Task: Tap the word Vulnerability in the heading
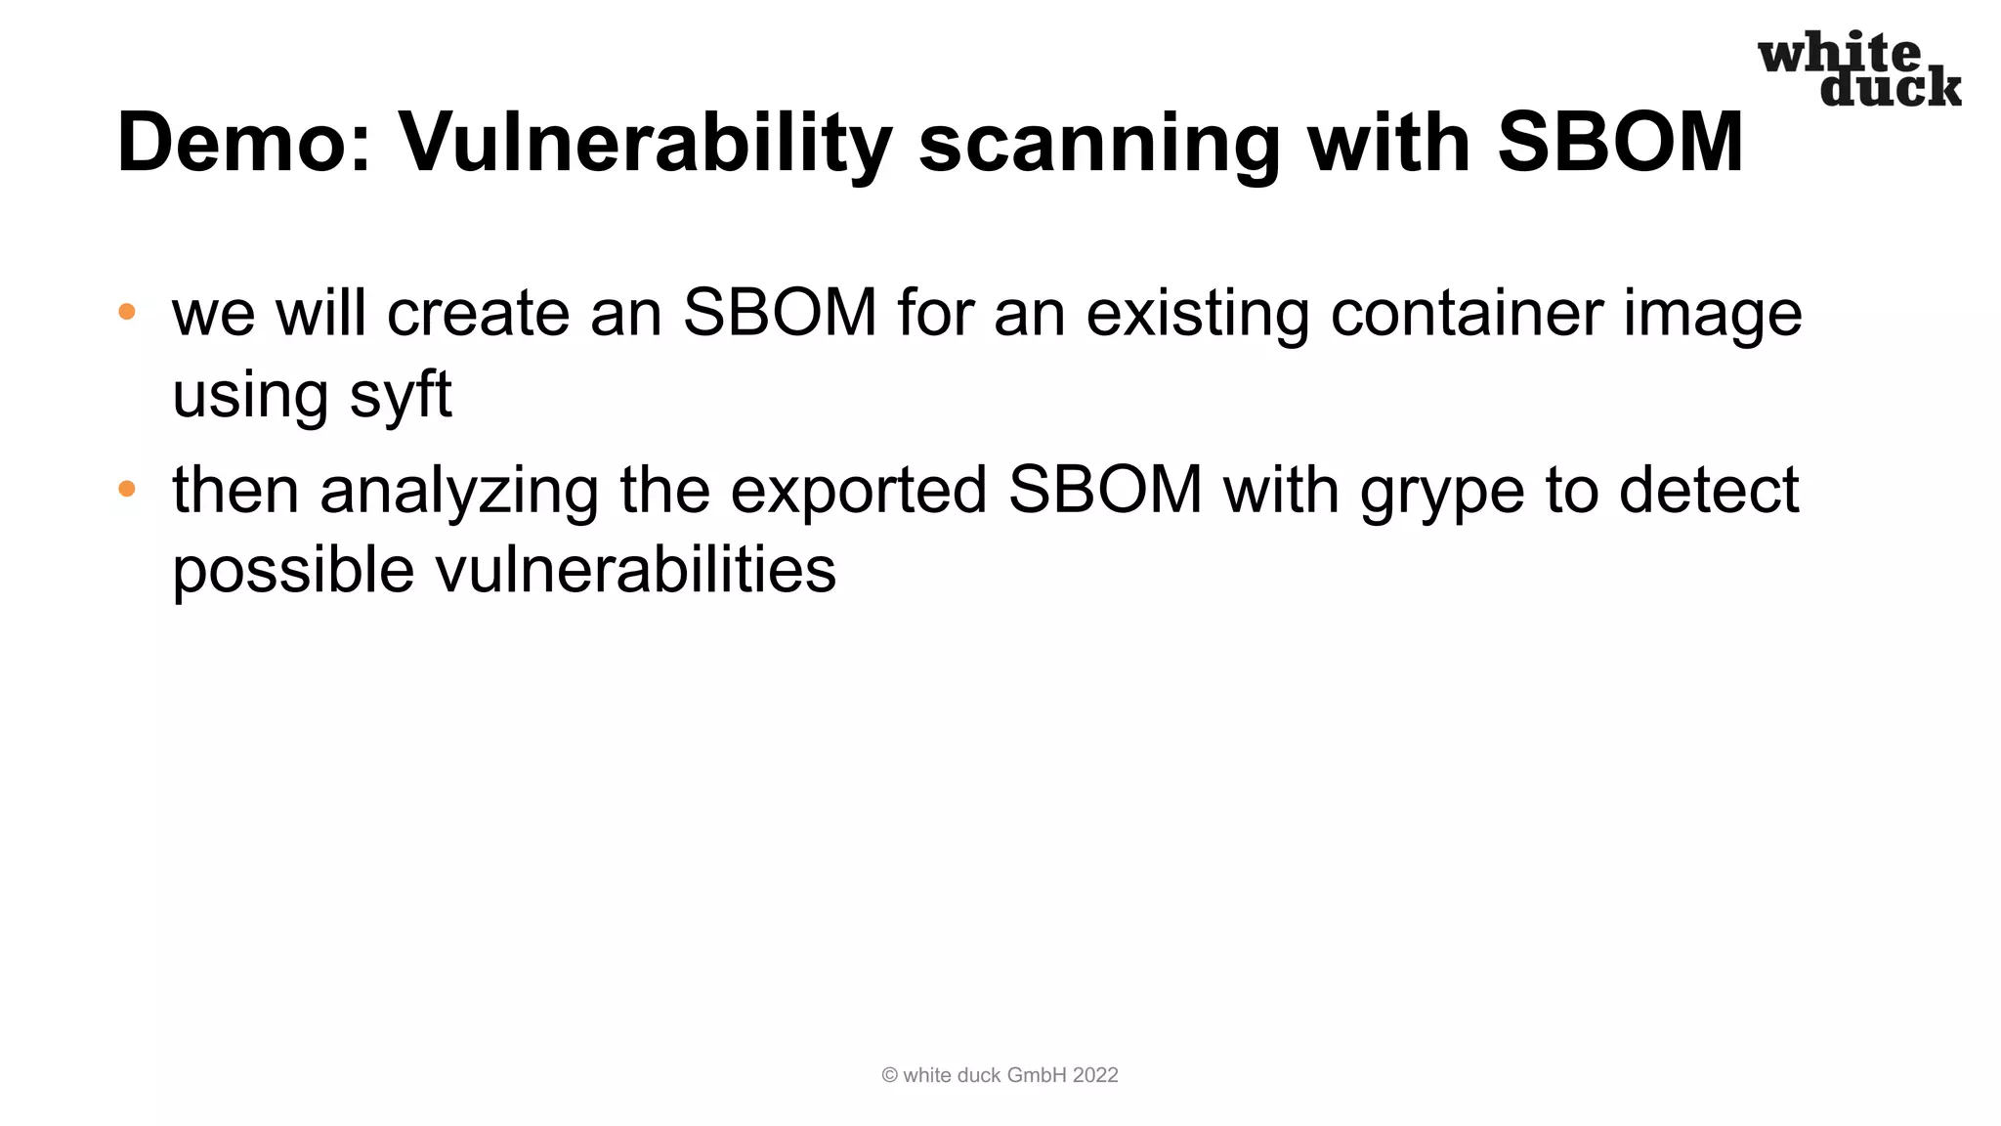tap(645, 143)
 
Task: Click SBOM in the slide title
tap(1620, 143)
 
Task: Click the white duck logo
tap(1858, 68)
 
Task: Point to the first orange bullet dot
tap(127, 312)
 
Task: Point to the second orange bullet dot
tap(127, 489)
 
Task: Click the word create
tap(478, 314)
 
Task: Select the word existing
tap(1198, 314)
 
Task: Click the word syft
tap(401, 395)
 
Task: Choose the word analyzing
tap(459, 491)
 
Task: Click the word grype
tap(1442, 491)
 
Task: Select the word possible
tap(293, 571)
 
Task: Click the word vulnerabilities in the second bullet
tap(635, 571)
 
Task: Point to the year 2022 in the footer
tap(1095, 1075)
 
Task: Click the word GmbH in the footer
tap(1037, 1075)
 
